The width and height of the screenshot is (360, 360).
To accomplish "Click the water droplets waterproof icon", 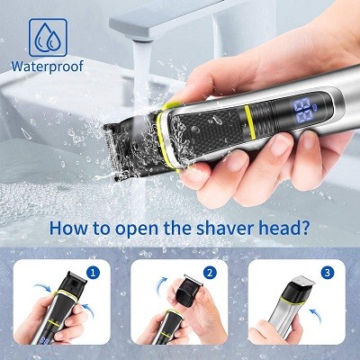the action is tap(48, 38).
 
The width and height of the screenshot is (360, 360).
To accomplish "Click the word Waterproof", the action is tap(48, 67).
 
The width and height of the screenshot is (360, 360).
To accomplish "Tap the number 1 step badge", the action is tap(93, 273).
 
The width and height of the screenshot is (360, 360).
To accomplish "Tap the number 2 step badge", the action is tap(210, 273).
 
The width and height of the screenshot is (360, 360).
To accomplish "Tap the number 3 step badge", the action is tap(328, 273).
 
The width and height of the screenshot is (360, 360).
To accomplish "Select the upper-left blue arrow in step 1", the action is tap(42, 287).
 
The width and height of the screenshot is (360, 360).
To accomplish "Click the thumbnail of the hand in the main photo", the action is tap(280, 144).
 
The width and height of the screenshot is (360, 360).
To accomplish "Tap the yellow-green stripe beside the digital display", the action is tap(249, 122).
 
